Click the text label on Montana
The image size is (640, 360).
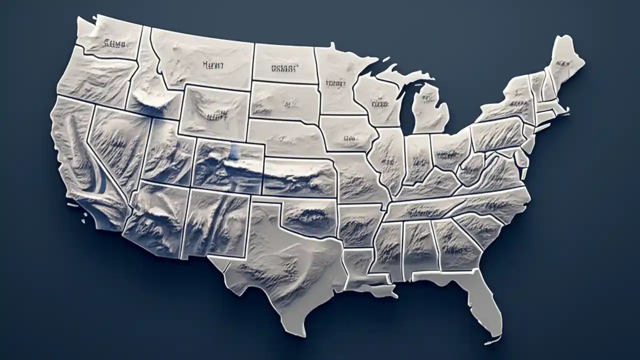tap(212, 64)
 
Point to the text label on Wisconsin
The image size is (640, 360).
tap(380, 104)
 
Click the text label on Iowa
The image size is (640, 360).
tap(349, 136)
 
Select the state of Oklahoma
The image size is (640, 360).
tap(310, 215)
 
